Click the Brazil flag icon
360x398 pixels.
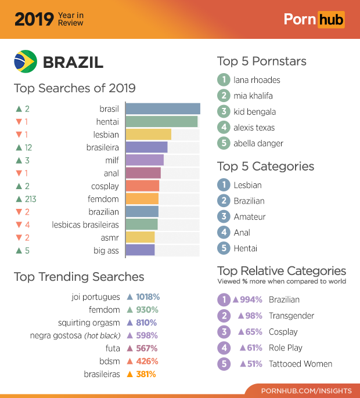tap(26, 61)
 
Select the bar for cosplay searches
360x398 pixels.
tap(142, 186)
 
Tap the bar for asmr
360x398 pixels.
tap(140, 237)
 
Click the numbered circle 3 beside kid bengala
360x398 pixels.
tap(224, 111)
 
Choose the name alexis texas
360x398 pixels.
tap(254, 128)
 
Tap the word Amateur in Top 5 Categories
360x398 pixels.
tap(250, 216)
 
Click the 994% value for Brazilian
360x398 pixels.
tap(247, 300)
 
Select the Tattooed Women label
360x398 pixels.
tap(300, 364)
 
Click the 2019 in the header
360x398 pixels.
tap(34, 19)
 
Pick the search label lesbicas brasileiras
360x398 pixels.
tap(85, 225)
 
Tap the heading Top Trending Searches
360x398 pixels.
tap(79, 277)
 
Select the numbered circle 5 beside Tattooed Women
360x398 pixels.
tap(224, 364)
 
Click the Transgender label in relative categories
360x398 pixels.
tap(291, 316)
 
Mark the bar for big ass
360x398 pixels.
tap(140, 250)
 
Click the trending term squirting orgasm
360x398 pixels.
tap(89, 323)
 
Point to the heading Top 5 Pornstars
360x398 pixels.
tap(261, 61)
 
